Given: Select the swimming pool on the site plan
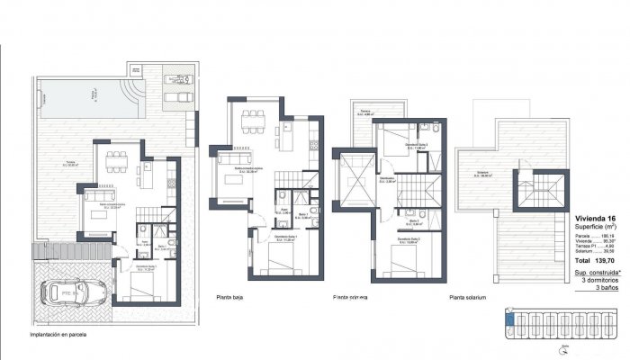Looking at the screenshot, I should pyautogui.click(x=85, y=94).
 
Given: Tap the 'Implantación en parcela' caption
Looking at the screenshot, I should pyautogui.click(x=63, y=334).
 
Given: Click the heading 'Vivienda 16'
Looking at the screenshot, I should pyautogui.click(x=595, y=218).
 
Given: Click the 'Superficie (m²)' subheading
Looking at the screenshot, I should pyautogui.click(x=595, y=227).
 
